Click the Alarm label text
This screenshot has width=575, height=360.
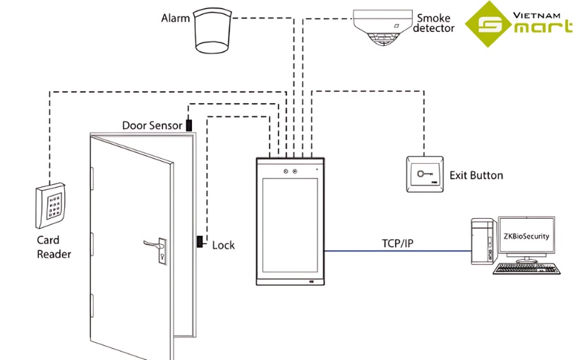tap(176, 18)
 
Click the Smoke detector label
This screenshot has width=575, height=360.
tap(434, 23)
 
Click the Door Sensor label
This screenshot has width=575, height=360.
tap(152, 126)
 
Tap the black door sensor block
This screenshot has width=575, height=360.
tap(189, 125)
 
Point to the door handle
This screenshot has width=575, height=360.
tap(153, 244)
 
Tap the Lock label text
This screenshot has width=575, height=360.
tap(223, 245)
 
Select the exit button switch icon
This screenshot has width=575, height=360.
tap(424, 172)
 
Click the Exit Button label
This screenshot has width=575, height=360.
tap(476, 175)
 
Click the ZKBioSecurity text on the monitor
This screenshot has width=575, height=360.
tap(526, 236)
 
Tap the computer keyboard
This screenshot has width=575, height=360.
tap(528, 268)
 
